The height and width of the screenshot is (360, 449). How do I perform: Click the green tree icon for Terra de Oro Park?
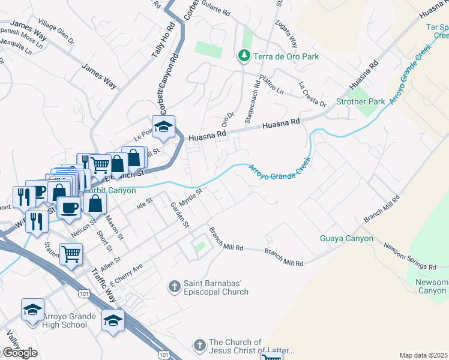[x=244, y=56]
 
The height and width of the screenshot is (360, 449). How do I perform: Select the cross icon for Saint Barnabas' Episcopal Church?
[x=175, y=287]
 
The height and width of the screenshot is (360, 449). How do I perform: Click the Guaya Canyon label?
[x=346, y=238]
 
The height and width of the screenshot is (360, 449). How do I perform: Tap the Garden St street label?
[x=179, y=215]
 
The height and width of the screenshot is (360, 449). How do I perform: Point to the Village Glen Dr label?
[x=56, y=35]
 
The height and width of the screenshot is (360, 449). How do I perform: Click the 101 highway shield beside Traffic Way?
[x=83, y=291]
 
